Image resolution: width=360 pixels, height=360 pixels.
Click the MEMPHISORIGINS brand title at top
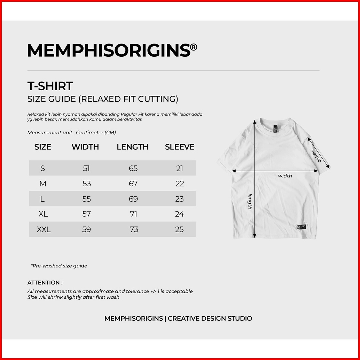(109, 50)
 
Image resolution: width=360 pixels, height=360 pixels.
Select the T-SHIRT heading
(50, 86)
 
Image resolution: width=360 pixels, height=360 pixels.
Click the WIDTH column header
(85, 147)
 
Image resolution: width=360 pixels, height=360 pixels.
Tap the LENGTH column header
(133, 147)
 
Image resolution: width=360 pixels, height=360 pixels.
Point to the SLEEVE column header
(180, 147)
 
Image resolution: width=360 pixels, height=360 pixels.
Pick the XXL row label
(44, 229)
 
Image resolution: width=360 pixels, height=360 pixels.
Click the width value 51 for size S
(86, 169)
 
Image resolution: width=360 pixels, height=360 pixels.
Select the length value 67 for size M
(133, 184)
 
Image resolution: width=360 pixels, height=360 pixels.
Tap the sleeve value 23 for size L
(180, 199)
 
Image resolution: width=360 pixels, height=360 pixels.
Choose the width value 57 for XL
(87, 214)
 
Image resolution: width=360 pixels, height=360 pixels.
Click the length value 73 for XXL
(134, 229)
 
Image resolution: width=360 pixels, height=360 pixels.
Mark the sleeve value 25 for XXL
(180, 229)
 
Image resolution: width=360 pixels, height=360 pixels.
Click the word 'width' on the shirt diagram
(285, 176)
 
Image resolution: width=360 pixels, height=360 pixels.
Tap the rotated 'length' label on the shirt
(250, 201)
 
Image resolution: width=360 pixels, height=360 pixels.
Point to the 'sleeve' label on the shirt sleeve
(316, 156)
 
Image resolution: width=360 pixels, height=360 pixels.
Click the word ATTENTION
(45, 283)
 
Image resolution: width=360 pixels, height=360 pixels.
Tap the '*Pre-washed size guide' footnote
(59, 266)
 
